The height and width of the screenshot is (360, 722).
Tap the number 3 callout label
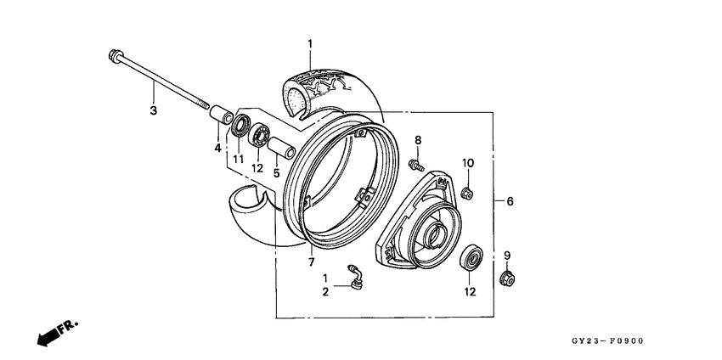[x=153, y=111]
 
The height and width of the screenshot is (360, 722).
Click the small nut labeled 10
[x=466, y=194]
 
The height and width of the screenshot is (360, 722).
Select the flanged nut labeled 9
[x=507, y=278]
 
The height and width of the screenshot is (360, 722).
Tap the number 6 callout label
[x=510, y=201]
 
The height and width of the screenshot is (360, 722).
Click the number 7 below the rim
[x=311, y=251]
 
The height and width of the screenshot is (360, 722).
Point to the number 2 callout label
[x=324, y=292]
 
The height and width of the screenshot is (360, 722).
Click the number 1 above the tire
[x=310, y=43]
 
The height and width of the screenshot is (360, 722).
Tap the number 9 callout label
[x=507, y=256]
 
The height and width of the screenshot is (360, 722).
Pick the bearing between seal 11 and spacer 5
[x=260, y=135]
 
